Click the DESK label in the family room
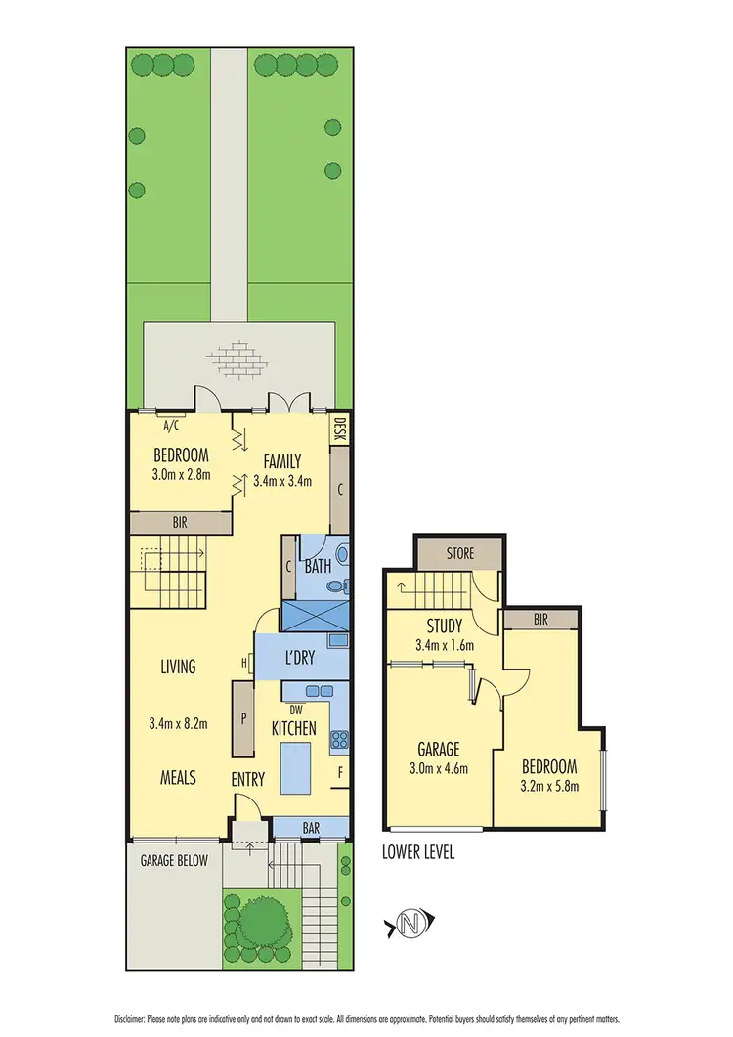tap(340, 431)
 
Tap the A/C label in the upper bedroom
tap(169, 425)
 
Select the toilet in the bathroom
tap(336, 587)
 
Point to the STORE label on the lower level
tap(459, 553)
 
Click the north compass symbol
tap(412, 922)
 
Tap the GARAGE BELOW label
tap(173, 861)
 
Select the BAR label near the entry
tap(311, 828)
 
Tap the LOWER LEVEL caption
tap(418, 852)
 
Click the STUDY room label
tap(443, 626)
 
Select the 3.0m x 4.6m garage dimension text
tap(439, 768)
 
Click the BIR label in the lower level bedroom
tap(540, 619)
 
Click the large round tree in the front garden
tap(259, 919)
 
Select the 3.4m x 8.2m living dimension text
tap(178, 724)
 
